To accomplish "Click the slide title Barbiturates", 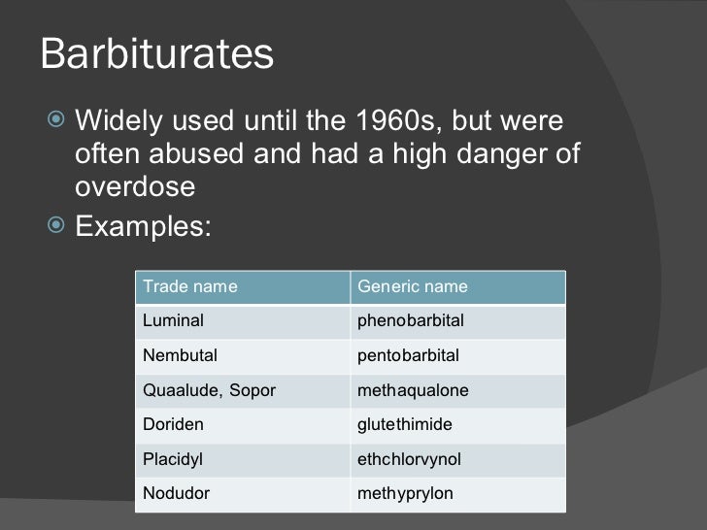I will pos(156,55).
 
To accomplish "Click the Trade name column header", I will pos(189,287).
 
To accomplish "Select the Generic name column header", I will pos(414,287).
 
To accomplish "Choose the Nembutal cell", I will pos(180,355).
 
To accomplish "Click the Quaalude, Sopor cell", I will pos(209,390).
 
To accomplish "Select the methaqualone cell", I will pos(414,390).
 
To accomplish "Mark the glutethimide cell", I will pos(405,425).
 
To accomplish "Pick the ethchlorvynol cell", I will pos(409,460).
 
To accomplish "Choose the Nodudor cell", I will pos(176,495).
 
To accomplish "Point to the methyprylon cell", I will pos(406,495).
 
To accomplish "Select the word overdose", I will pos(135,186).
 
